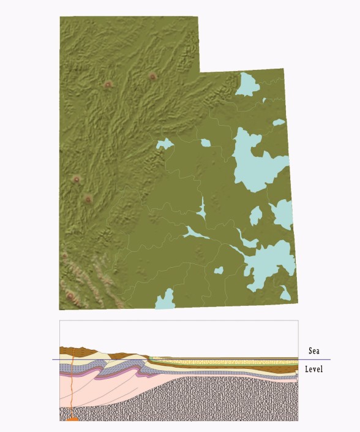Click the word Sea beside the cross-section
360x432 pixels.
pos(314,351)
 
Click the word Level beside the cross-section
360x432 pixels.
pos(313,369)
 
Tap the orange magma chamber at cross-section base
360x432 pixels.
pos(72,419)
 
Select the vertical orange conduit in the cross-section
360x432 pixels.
pos(72,386)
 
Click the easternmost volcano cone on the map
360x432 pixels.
pos(152,77)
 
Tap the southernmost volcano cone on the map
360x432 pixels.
pos(70,297)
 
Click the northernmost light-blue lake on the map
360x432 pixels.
pos(249,85)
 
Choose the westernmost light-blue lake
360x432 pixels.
pos(164,145)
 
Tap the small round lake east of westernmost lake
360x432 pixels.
pos(205,143)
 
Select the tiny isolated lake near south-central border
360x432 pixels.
pos(219,270)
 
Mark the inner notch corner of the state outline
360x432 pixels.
pos(200,72)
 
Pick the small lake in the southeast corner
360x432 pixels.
pos(285,293)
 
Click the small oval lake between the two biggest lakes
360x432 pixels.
pos(256,215)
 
